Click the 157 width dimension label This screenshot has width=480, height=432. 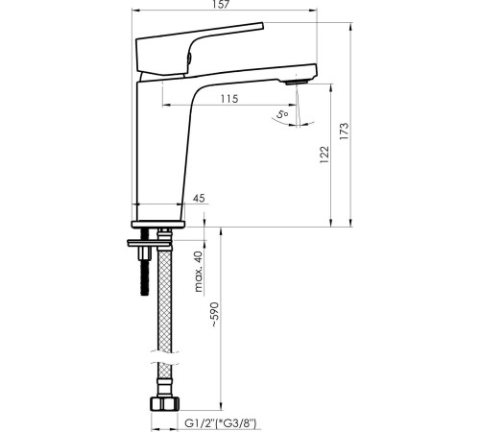click(221, 4)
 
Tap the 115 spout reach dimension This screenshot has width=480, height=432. click(229, 99)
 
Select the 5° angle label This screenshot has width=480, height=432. click(282, 114)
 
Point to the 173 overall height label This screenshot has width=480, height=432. click(344, 131)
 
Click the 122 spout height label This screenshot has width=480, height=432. click(324, 155)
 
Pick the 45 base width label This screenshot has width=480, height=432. click(199, 199)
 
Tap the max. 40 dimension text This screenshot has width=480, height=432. click(199, 272)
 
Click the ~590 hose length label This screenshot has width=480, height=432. click(214, 315)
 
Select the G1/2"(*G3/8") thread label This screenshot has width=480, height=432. click(221, 423)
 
